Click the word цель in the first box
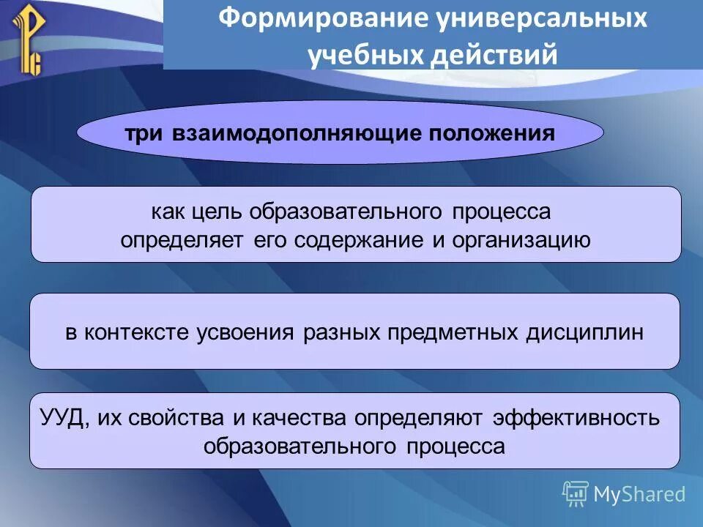pos(217,212)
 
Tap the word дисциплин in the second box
pos(584,332)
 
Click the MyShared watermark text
pos(639,494)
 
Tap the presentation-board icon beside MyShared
pos(575,494)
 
